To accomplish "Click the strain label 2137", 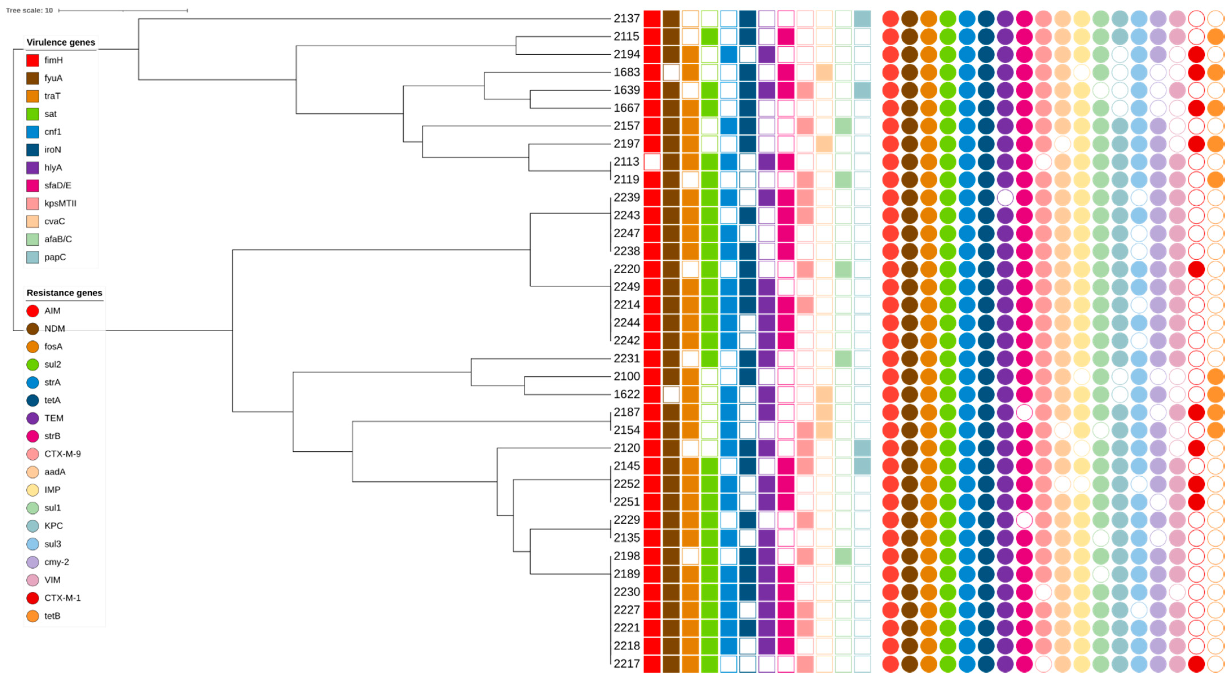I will click(626, 19).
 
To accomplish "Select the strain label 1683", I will click(626, 72).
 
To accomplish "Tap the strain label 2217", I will click(626, 664).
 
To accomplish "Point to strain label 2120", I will click(626, 448).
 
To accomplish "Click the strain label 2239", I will click(626, 197).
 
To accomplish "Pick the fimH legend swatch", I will click(32, 60).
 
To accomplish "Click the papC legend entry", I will click(55, 257).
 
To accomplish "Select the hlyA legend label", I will click(53, 168).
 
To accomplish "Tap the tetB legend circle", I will click(32, 616).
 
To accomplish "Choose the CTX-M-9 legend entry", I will click(62, 454).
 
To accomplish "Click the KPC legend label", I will click(54, 526).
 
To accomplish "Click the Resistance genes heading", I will click(64, 293).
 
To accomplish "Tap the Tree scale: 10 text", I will click(29, 10).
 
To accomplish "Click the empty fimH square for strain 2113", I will click(652, 162).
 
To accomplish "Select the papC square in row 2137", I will click(862, 19).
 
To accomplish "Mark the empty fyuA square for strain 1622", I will click(671, 395).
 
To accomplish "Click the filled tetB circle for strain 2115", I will click(1215, 36).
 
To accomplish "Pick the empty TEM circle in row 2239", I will click(1005, 197).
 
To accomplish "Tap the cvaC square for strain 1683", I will click(824, 72).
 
